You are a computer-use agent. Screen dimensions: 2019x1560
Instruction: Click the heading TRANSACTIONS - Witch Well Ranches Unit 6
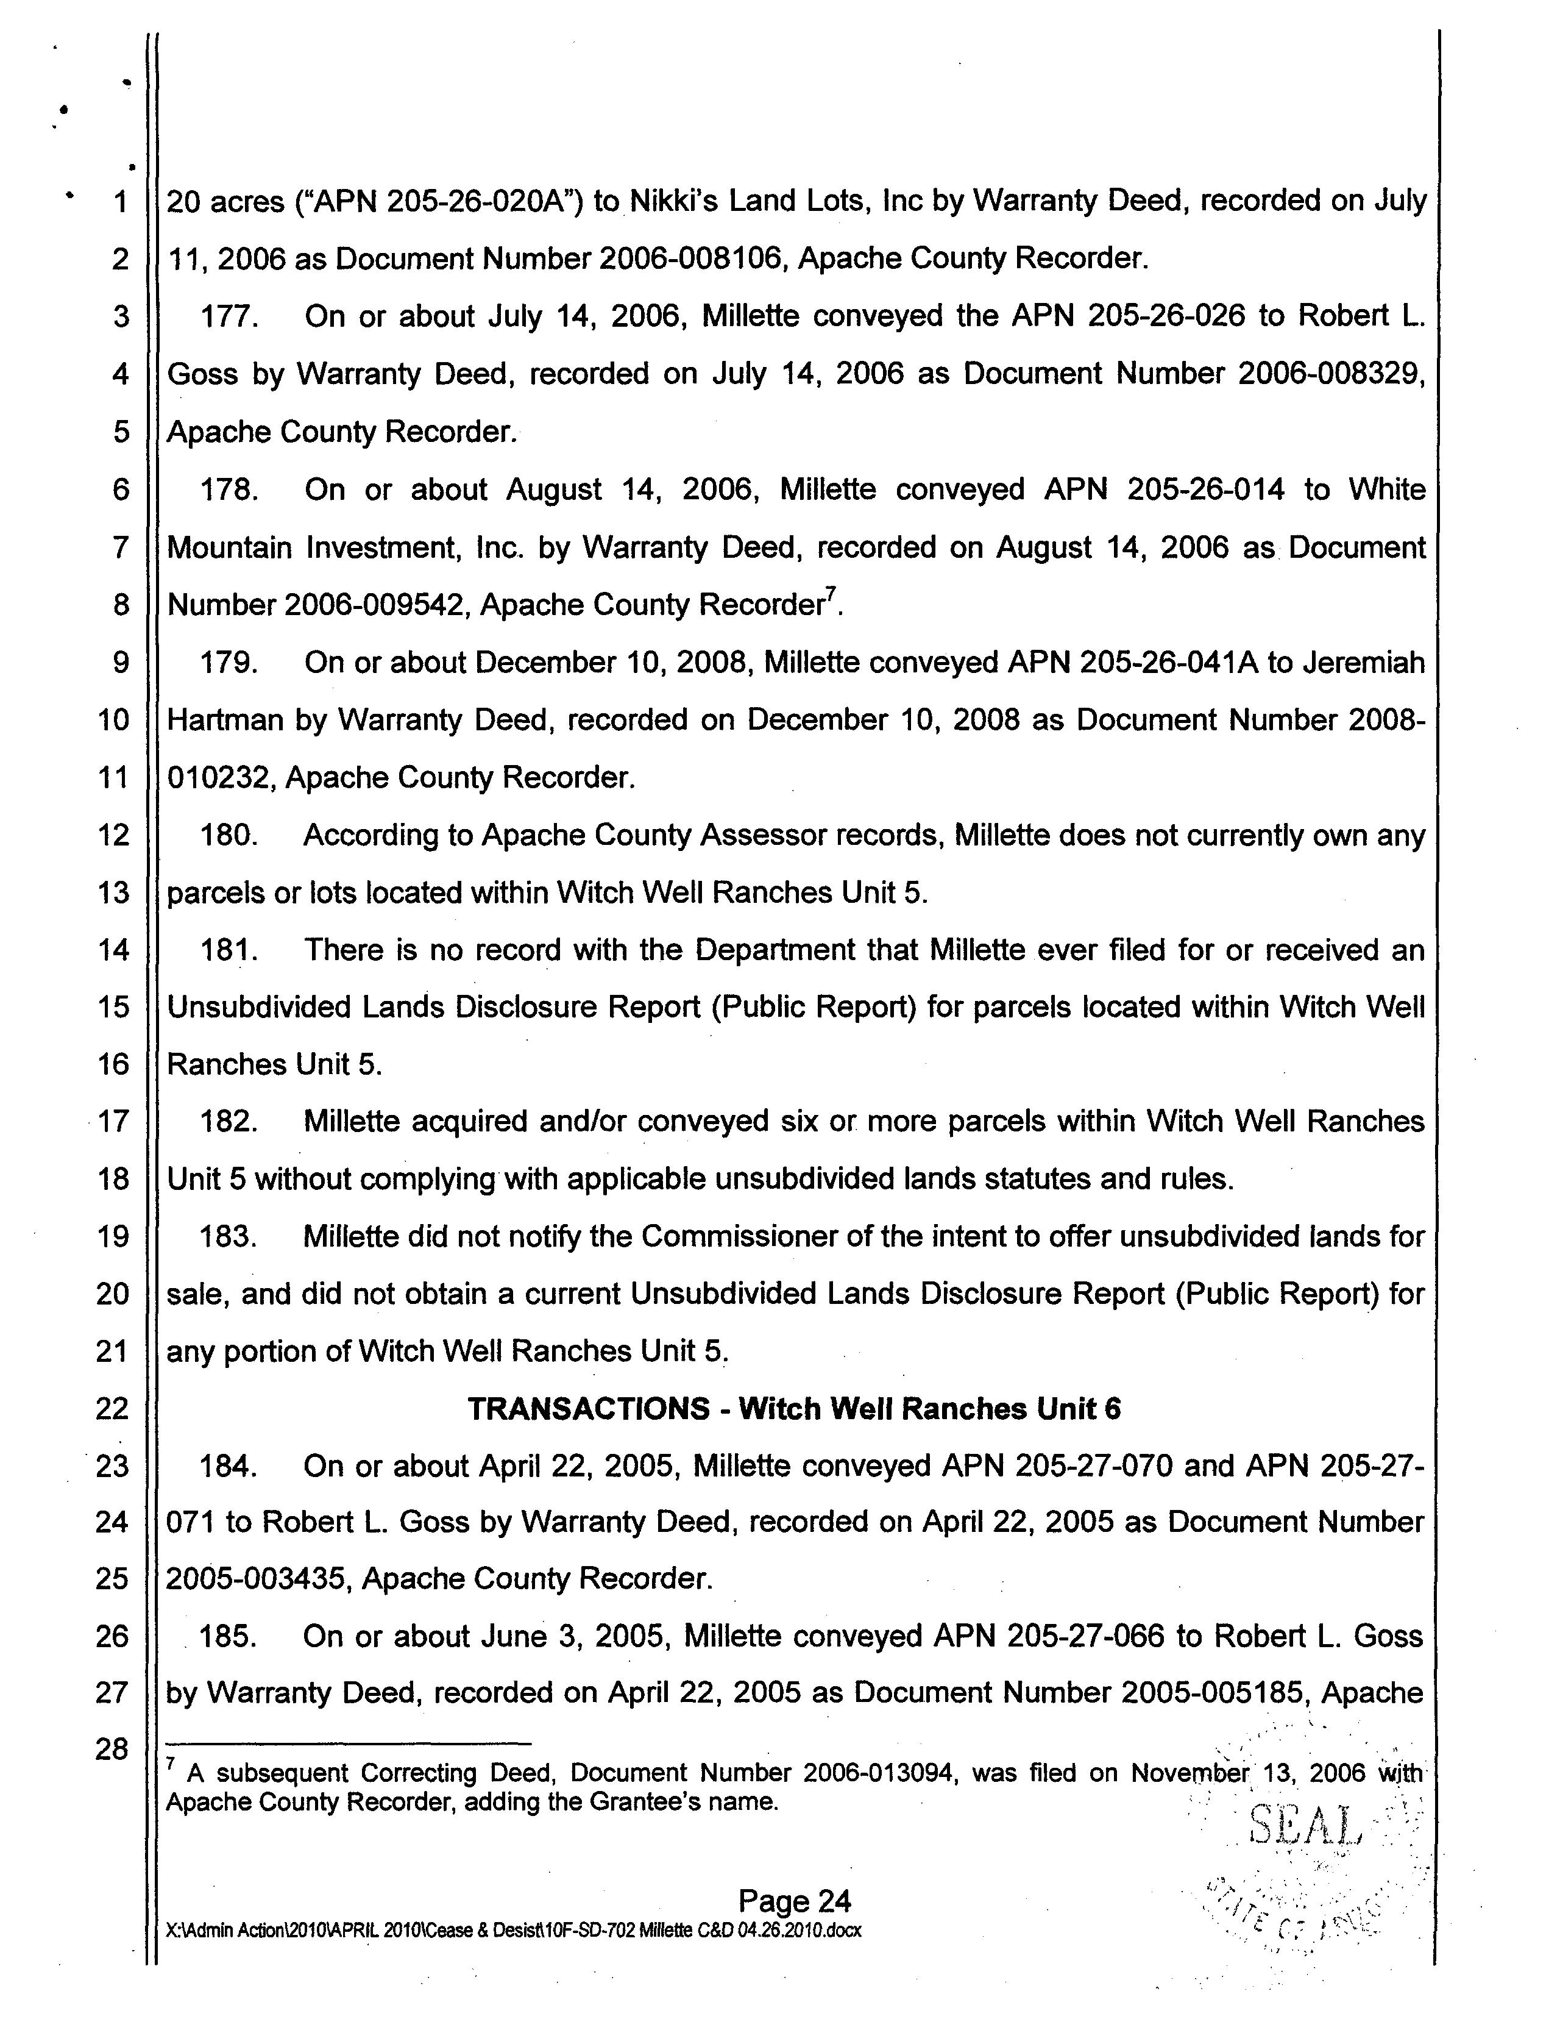[794, 1408]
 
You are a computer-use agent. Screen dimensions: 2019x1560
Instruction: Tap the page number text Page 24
[794, 1901]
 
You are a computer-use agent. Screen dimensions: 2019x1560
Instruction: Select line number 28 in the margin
[112, 1749]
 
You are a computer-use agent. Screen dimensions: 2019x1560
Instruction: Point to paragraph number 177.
[227, 316]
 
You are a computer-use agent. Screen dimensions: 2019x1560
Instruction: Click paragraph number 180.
[227, 835]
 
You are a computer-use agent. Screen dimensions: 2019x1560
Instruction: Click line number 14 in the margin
[113, 949]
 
